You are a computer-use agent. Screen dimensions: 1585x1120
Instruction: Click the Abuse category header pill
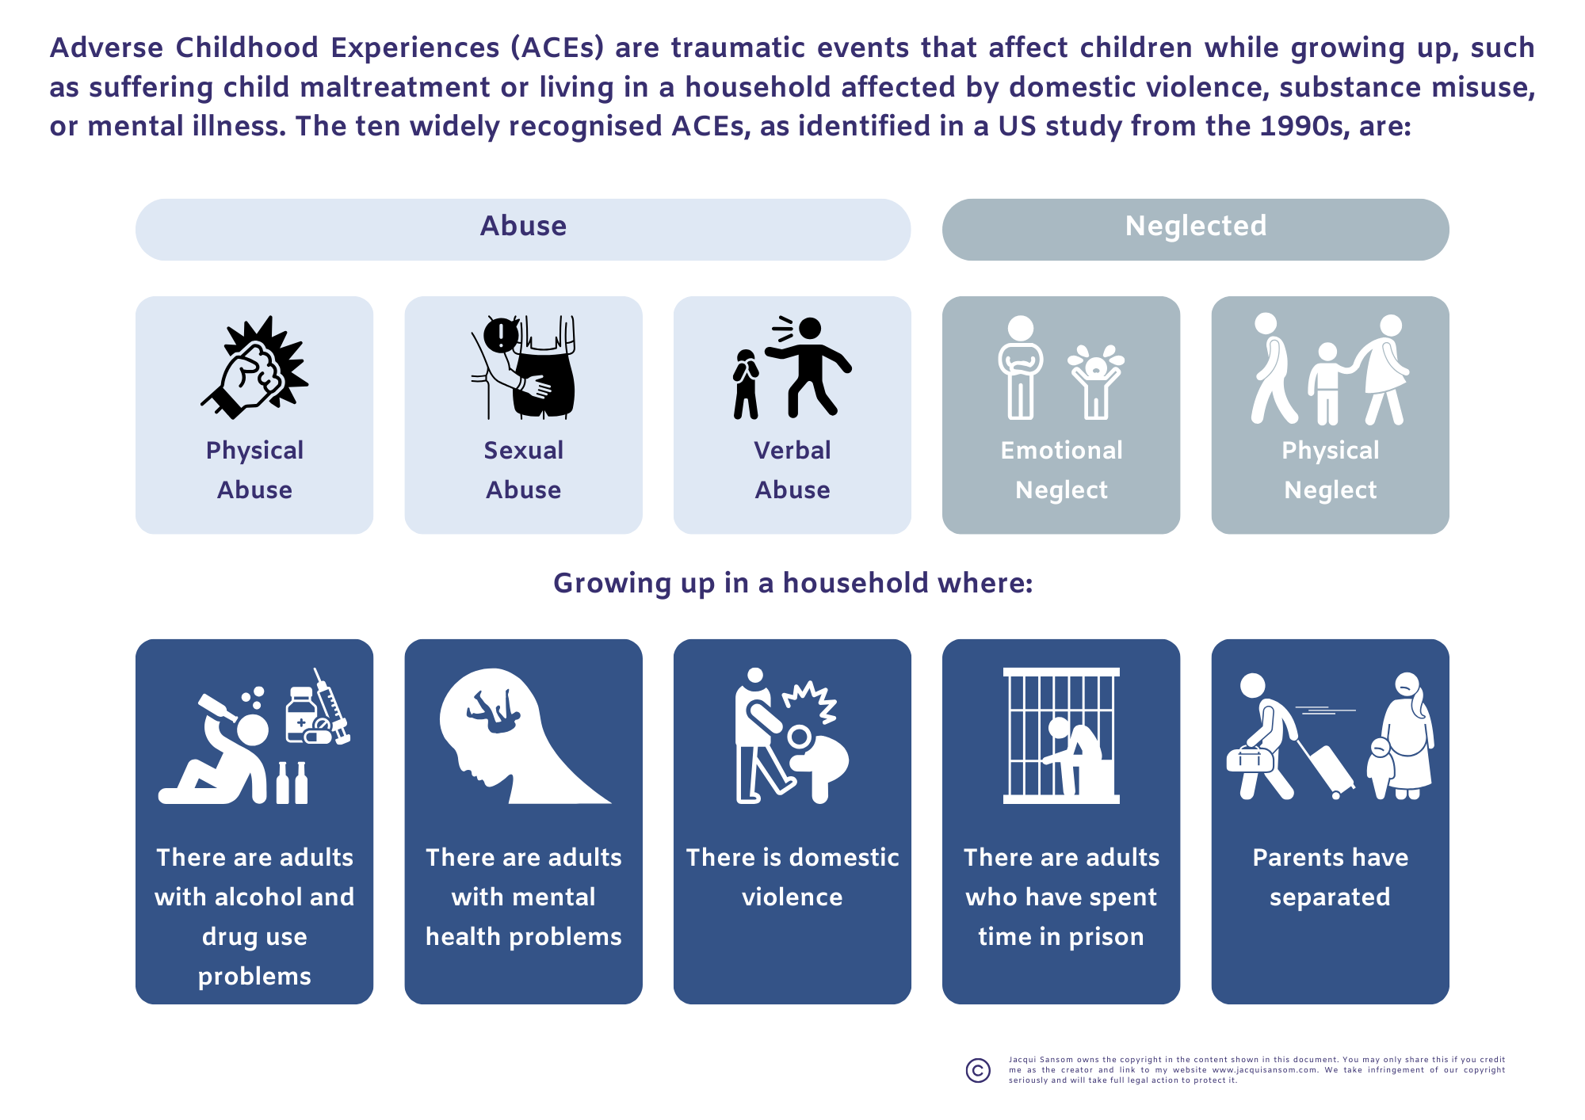523,230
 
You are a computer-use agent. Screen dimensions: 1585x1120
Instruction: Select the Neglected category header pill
1196,230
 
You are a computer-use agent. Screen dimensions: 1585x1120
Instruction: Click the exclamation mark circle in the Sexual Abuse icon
501,335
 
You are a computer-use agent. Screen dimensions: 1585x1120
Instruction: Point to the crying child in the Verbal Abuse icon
745,384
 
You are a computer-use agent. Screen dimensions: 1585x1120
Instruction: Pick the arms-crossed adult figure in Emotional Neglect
1021,368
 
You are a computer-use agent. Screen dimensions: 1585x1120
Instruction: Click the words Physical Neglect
1331,470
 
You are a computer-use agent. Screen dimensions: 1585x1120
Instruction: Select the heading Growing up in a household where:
792,583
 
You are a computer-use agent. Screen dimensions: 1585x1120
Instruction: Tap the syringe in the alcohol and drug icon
332,706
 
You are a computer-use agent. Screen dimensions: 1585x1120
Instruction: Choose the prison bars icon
1061,736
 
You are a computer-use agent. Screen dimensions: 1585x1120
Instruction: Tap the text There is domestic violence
792,877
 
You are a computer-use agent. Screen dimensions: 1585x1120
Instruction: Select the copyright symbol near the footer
979,1070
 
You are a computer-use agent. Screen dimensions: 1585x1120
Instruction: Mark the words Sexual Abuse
523,470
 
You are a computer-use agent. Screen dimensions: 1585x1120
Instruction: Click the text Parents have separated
1331,877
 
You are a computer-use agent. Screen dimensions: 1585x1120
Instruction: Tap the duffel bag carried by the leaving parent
1250,759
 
